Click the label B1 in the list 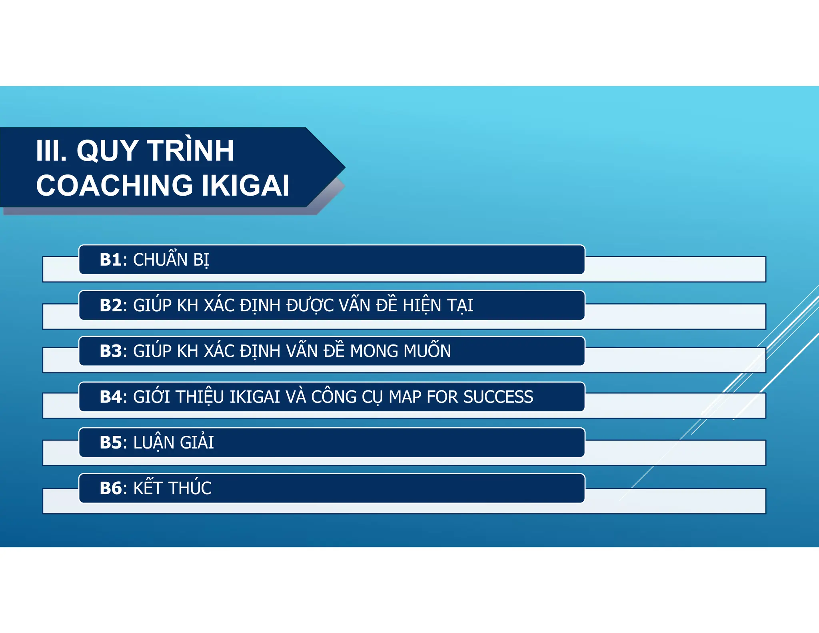click(x=110, y=260)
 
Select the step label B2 click(x=110, y=306)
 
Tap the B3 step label click(x=110, y=351)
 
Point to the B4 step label click(x=110, y=397)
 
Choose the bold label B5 click(x=110, y=443)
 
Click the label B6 click(x=110, y=489)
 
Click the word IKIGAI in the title click(x=245, y=186)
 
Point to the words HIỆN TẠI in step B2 click(x=438, y=306)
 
